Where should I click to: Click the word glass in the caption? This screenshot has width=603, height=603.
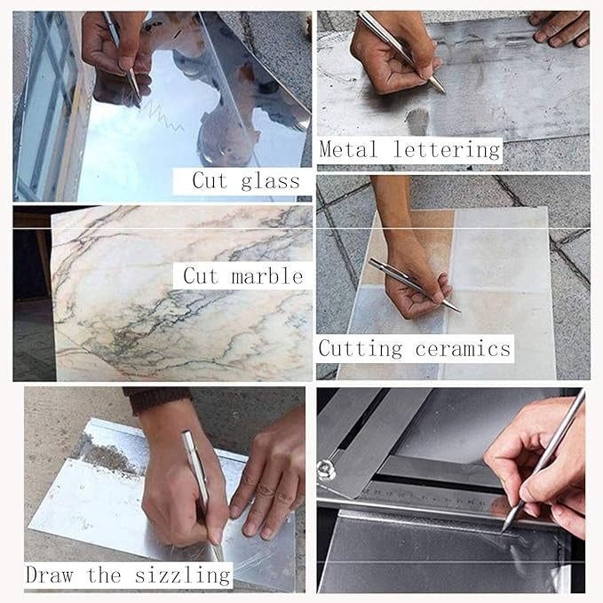click(270, 181)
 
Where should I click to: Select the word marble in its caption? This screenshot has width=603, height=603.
click(268, 276)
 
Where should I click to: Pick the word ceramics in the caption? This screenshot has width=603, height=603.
click(463, 347)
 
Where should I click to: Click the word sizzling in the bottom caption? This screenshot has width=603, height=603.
click(181, 575)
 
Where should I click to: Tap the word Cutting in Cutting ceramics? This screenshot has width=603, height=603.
click(361, 347)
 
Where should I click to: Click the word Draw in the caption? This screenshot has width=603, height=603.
click(50, 575)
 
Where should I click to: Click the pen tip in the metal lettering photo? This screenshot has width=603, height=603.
click(441, 90)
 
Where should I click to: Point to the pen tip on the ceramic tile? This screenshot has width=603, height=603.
click(456, 309)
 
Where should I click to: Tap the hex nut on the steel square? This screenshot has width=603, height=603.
click(326, 469)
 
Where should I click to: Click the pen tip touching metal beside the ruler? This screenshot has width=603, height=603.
click(504, 529)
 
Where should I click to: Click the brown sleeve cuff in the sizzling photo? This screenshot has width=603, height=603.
click(155, 400)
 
